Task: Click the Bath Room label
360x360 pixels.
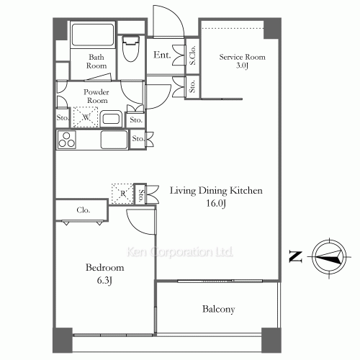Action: [x=97, y=61]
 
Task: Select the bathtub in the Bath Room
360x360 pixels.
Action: [x=91, y=35]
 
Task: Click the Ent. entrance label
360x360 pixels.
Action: [x=162, y=55]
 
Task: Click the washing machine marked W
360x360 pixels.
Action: [x=85, y=117]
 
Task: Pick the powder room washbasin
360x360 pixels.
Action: [x=111, y=119]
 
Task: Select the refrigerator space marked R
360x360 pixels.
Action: [x=122, y=192]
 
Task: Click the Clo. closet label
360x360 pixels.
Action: [x=83, y=210]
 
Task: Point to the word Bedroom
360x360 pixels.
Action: [x=101, y=267]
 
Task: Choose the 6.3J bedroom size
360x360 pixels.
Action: [x=101, y=279]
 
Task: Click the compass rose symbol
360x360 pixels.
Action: [x=328, y=256]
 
